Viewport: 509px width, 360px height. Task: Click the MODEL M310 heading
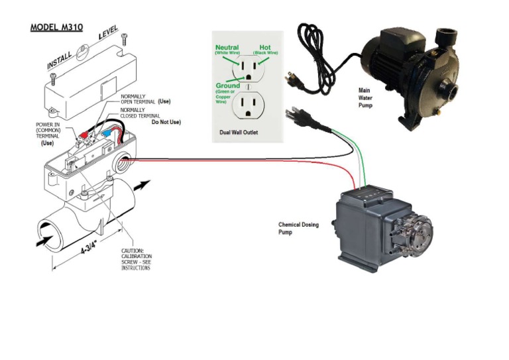pyautogui.click(x=57, y=29)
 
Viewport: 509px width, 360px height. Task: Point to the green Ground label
pyautogui.click(x=228, y=86)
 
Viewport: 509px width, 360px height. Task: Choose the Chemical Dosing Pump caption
pyautogui.click(x=298, y=229)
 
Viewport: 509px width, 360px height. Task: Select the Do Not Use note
pyautogui.click(x=166, y=123)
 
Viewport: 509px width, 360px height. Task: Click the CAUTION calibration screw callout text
pyautogui.click(x=136, y=259)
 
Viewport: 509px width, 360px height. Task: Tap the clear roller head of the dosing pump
pyautogui.click(x=416, y=233)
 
